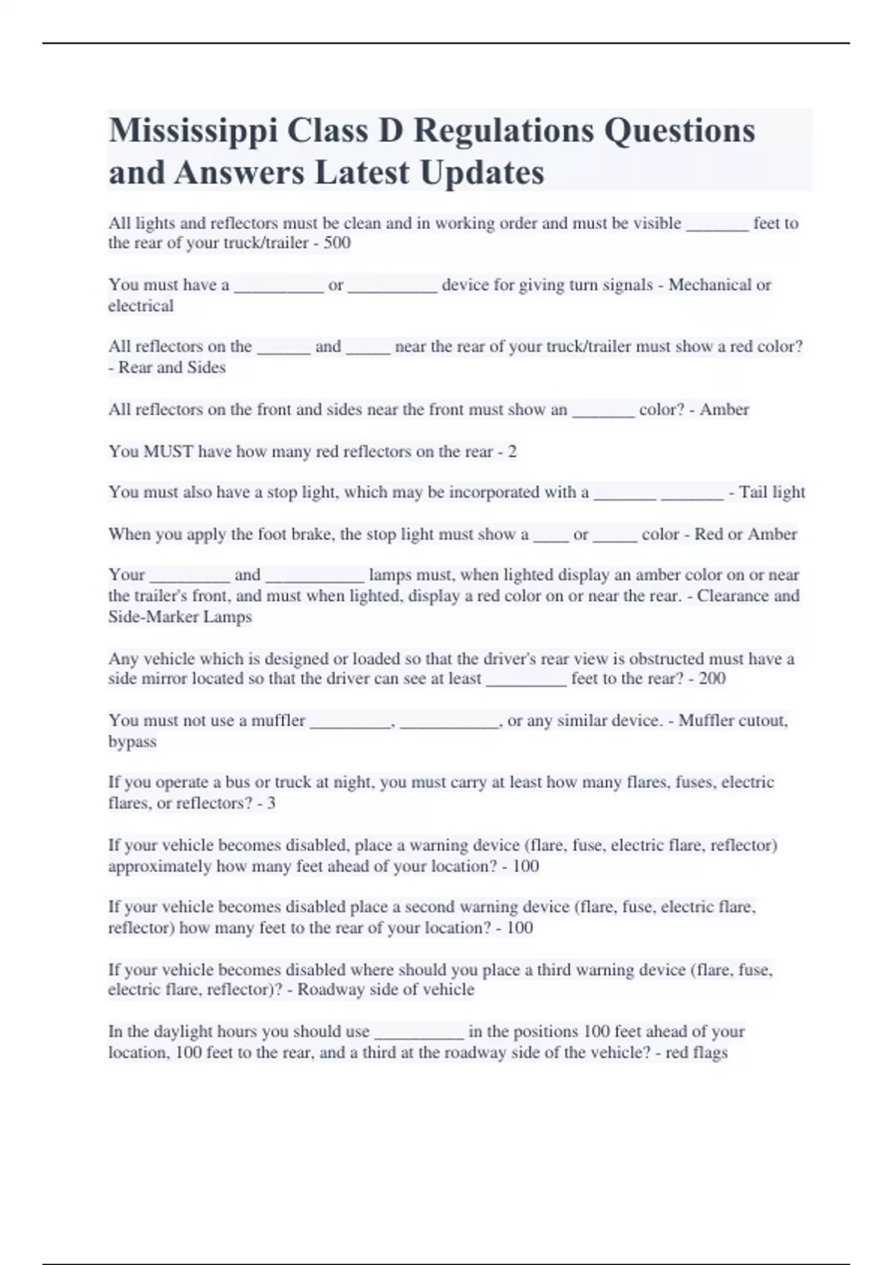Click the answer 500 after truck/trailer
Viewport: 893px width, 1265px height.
(337, 243)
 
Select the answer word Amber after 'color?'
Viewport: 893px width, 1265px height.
(724, 409)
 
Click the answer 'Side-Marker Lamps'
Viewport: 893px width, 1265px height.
(180, 617)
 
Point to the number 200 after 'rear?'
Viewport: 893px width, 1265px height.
(712, 679)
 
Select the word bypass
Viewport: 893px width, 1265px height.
(132, 742)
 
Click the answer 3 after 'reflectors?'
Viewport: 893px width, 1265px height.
(272, 804)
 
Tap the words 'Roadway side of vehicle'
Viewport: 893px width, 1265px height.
(385, 990)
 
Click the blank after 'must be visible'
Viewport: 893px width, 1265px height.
(717, 224)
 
